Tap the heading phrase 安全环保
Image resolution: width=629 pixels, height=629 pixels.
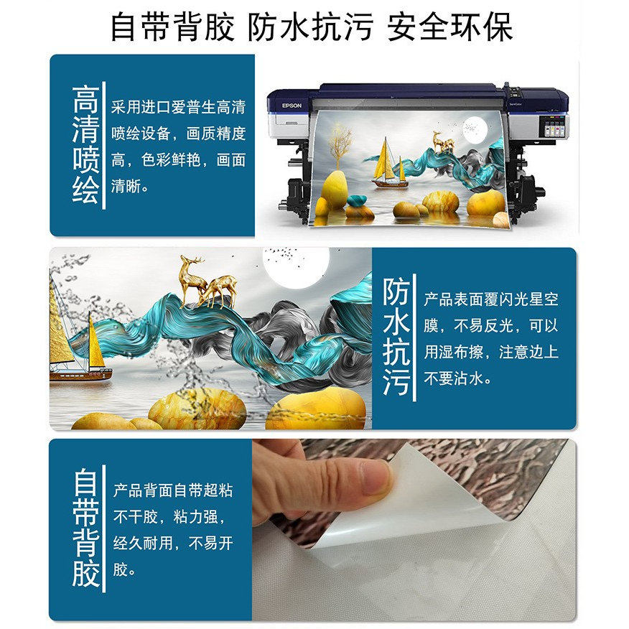click(x=451, y=27)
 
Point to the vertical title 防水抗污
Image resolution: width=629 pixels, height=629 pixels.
click(x=396, y=337)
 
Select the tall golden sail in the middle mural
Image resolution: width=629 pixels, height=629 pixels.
click(x=60, y=323)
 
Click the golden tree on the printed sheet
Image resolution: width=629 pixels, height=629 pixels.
click(x=340, y=147)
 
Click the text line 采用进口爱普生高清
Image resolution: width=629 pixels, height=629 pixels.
click(x=178, y=108)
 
